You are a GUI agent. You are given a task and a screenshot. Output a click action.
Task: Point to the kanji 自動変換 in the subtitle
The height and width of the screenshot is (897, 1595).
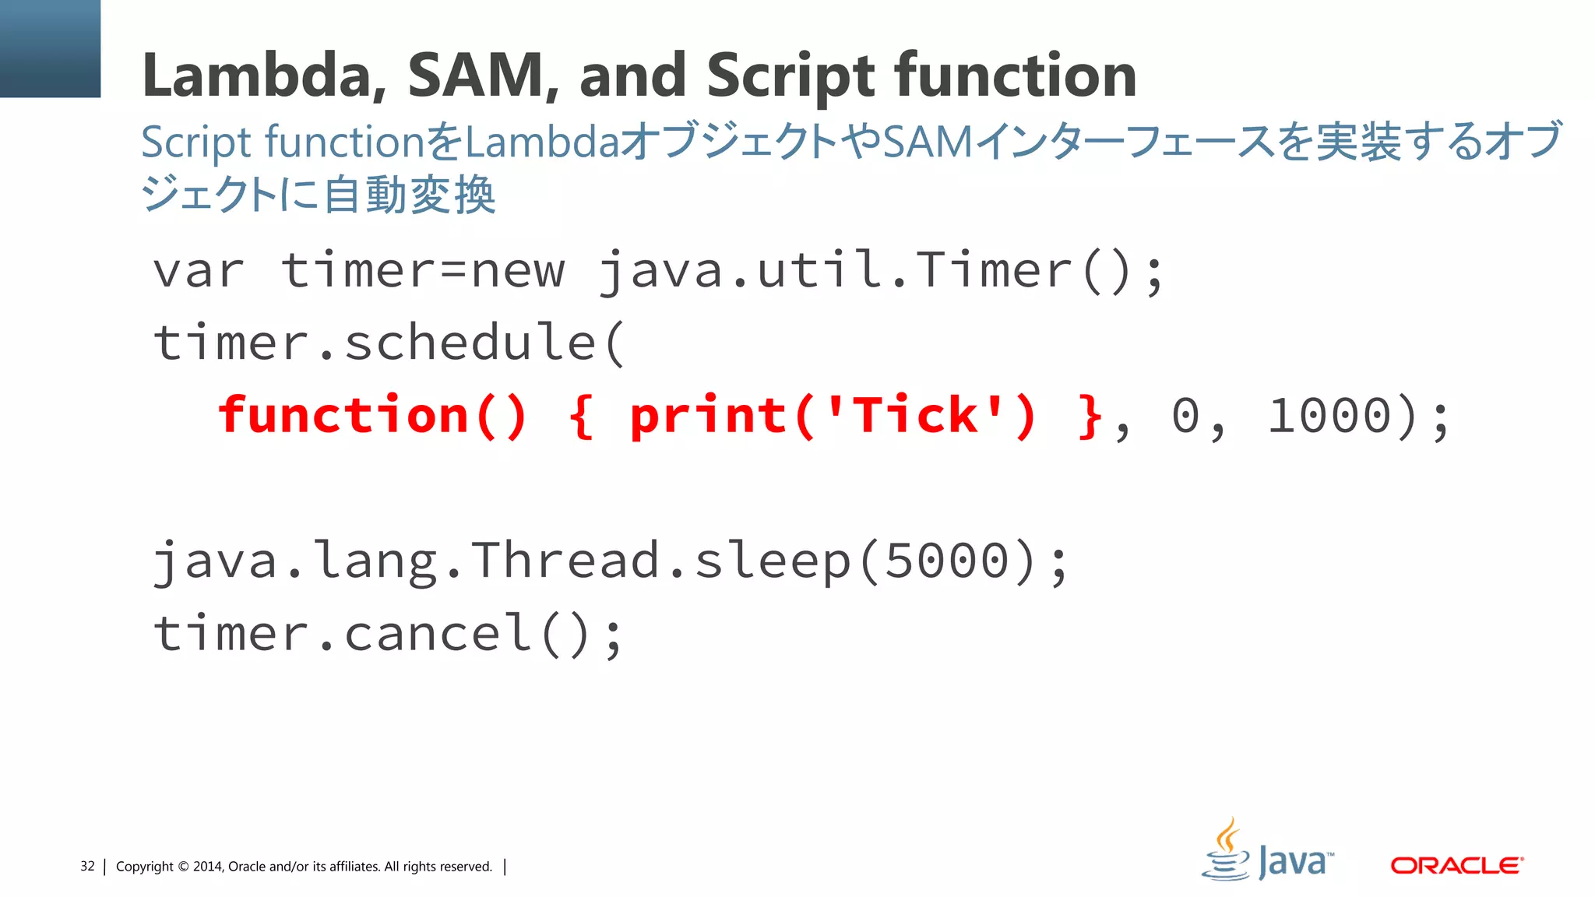[x=409, y=195]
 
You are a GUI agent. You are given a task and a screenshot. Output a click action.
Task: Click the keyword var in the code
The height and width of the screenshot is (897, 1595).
[x=199, y=272]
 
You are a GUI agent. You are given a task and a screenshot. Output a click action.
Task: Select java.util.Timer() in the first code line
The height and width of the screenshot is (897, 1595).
[x=880, y=272]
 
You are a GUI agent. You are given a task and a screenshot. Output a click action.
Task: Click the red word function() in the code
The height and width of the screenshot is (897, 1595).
[x=372, y=415]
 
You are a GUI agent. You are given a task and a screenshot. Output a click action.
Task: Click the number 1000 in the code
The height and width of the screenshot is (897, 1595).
[x=1329, y=415]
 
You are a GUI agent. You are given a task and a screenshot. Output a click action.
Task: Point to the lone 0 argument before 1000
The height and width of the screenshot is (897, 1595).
[x=1185, y=415]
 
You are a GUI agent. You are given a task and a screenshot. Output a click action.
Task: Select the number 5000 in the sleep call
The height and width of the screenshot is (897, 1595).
[x=947, y=561]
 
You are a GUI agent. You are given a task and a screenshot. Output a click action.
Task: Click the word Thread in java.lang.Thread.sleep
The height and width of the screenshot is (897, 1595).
[x=565, y=561]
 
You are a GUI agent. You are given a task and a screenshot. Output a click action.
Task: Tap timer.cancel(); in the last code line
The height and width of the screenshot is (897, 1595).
[x=388, y=633]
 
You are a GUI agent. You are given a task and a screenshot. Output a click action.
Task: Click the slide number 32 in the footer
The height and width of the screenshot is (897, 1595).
[x=87, y=866]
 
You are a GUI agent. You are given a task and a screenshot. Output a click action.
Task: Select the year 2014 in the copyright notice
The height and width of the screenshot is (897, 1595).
[x=207, y=867]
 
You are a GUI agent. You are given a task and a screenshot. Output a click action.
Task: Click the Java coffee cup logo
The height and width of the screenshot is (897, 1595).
[x=1227, y=850]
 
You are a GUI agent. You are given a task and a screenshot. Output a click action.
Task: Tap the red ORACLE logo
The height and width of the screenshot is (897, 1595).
[x=1456, y=866]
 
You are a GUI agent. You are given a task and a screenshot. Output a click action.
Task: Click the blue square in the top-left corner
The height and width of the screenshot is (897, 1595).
[x=50, y=48]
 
